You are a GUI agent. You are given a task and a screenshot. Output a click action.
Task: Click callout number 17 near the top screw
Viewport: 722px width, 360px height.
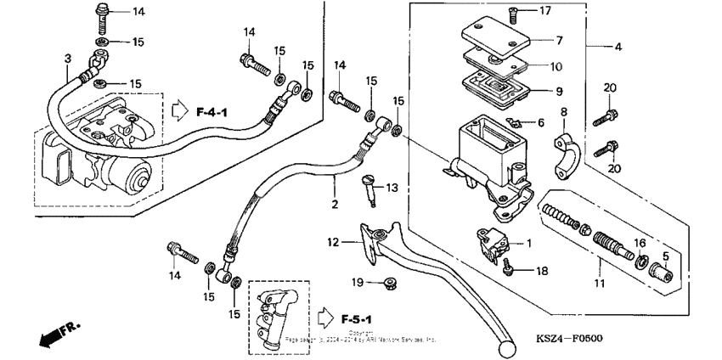click(544, 11)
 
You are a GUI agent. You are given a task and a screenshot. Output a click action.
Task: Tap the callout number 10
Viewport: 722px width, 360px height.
click(556, 65)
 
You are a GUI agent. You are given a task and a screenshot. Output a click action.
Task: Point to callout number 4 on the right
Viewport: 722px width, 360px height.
click(618, 47)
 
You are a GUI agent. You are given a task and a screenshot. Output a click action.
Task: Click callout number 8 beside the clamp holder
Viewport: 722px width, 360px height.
click(562, 112)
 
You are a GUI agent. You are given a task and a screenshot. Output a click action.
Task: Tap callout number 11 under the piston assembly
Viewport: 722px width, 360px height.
click(600, 284)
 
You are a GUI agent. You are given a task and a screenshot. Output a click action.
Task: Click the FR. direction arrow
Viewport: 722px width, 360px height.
click(56, 332)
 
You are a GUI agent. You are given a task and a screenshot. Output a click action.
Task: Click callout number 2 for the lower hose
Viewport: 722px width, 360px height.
click(335, 205)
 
